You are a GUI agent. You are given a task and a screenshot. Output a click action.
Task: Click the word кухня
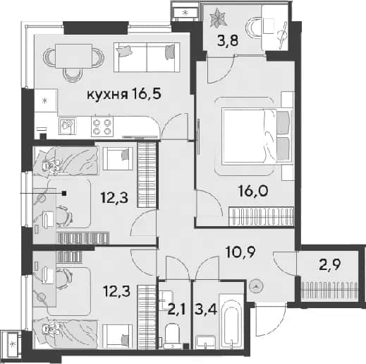[x=107, y=95]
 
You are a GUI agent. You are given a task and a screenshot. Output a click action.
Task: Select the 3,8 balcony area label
[x=228, y=40]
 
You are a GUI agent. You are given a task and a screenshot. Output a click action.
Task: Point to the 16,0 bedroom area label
[x=253, y=191]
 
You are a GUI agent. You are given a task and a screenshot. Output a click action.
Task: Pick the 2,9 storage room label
[x=330, y=265]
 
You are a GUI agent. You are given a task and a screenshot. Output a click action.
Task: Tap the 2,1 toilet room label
[x=177, y=310]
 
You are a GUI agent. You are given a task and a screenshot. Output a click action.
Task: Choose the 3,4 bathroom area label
[x=206, y=310]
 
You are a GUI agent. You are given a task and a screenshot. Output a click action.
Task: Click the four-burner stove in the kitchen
[x=102, y=127]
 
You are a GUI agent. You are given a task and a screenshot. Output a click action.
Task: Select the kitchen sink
[x=67, y=126]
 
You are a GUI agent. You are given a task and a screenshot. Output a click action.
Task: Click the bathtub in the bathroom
[x=231, y=321]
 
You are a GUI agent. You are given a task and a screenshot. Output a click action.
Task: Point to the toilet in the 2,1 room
[x=172, y=336]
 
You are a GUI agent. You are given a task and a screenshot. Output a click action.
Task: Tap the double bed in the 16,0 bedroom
[x=257, y=136]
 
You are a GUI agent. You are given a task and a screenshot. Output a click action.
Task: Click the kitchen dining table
[x=73, y=56]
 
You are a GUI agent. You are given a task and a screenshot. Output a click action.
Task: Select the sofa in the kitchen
[x=147, y=57]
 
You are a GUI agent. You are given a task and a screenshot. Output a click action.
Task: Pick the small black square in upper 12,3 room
[x=64, y=194]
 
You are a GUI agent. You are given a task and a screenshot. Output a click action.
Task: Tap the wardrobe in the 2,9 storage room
[x=329, y=290]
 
